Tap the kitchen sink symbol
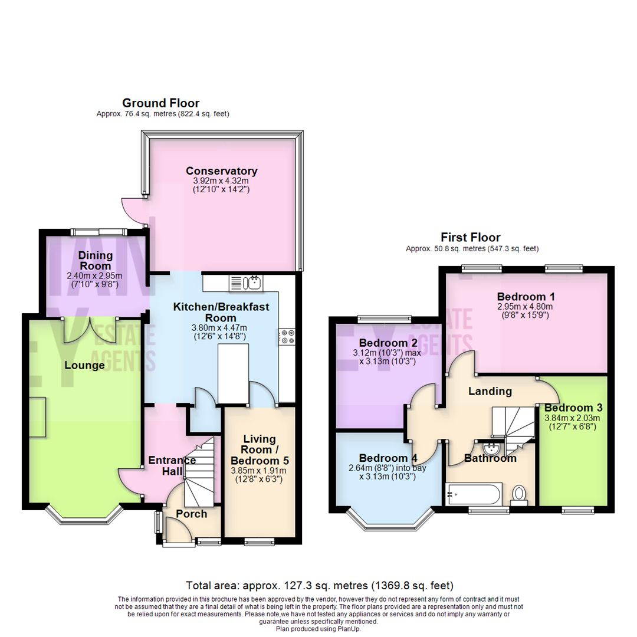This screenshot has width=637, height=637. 247,283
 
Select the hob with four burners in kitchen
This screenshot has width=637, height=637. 288,337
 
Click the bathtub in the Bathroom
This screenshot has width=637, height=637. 474,494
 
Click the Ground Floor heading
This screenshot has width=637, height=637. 160,103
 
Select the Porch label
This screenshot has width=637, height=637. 192,514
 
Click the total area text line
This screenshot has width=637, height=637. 319,586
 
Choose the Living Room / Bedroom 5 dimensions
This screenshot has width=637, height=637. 257,475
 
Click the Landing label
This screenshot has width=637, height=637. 490,391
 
